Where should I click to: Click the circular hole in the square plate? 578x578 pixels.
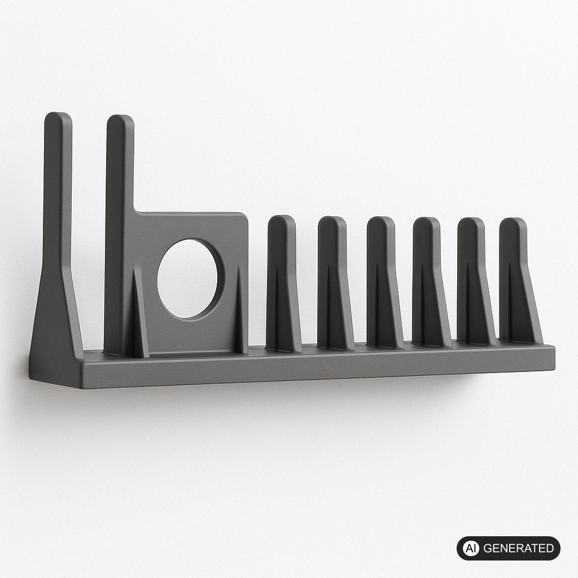187,279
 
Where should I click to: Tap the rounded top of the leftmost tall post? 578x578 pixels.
58,118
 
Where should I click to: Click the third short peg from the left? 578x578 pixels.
383,282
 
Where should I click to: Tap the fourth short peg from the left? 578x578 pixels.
429,282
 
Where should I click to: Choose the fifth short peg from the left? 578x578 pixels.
474,282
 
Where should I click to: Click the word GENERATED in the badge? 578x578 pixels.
518,548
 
